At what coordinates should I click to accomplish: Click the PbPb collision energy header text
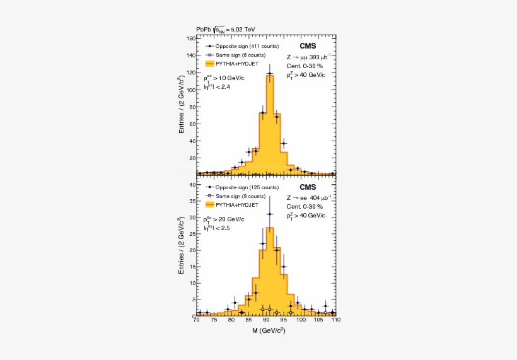(x=226, y=29)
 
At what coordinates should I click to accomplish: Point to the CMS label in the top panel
(x=308, y=46)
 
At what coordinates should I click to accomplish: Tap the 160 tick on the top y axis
(x=190, y=38)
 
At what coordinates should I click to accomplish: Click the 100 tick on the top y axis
(x=190, y=90)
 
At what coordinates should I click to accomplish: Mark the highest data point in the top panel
(x=270, y=74)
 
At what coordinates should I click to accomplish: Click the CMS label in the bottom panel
(x=308, y=187)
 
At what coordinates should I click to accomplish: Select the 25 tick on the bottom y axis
(x=191, y=233)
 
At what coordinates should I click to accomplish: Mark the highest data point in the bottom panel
(x=270, y=214)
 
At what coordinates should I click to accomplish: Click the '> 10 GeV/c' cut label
(x=226, y=78)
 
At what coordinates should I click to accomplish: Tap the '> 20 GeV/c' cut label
(x=226, y=219)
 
